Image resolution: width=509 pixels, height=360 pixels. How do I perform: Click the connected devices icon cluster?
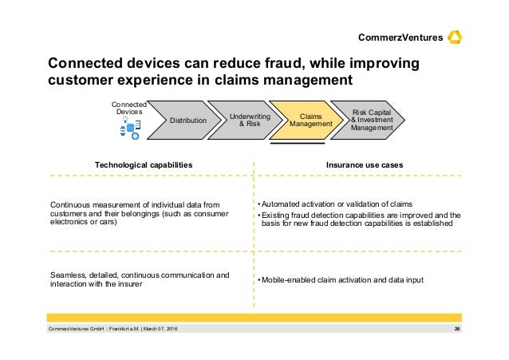130,128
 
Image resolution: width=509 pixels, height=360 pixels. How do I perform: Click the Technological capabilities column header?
144,164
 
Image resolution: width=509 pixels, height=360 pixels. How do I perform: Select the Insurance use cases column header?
365,164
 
